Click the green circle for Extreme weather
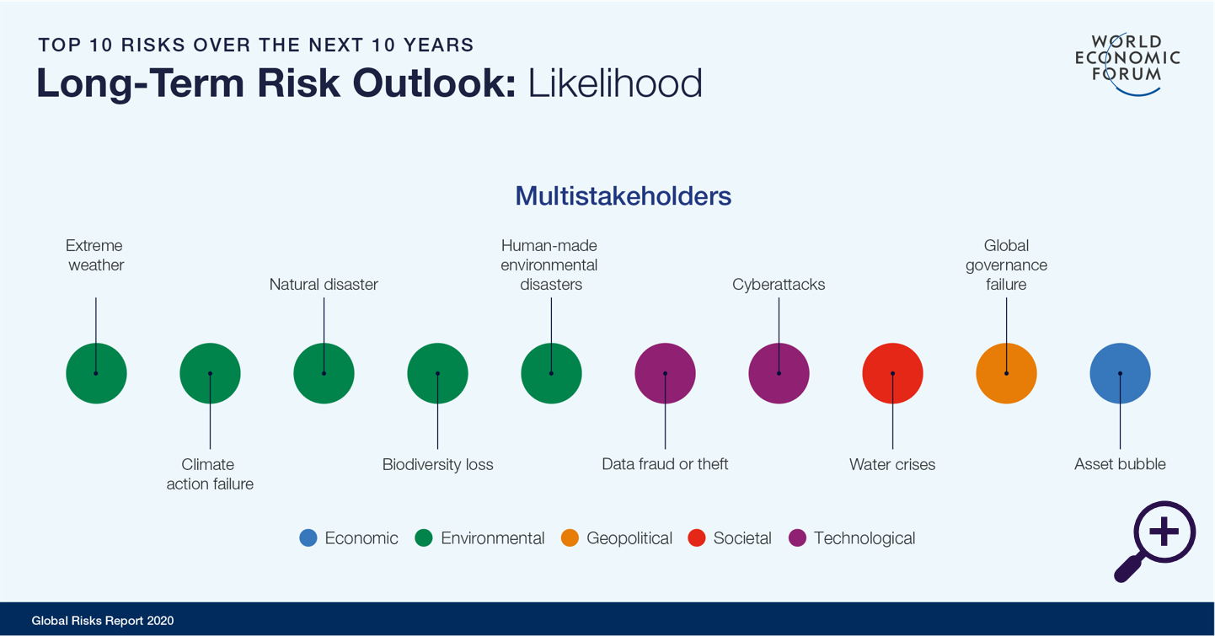tap(96, 373)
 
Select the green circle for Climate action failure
tap(210, 373)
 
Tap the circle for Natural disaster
tap(324, 373)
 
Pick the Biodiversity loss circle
tap(438, 373)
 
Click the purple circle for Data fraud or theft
tap(665, 373)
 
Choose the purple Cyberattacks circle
tap(779, 373)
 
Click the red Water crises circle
tap(893, 373)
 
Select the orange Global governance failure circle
tap(1006, 373)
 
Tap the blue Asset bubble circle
tap(1120, 373)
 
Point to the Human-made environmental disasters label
tap(549, 265)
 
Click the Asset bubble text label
tap(1120, 464)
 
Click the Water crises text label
tap(892, 464)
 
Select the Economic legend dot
tap(308, 537)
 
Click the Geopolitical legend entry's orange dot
tap(570, 537)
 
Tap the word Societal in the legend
tap(742, 537)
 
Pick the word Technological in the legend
tap(864, 538)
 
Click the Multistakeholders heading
tap(624, 195)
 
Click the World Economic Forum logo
tap(1127, 64)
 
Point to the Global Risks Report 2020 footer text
tap(103, 621)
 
